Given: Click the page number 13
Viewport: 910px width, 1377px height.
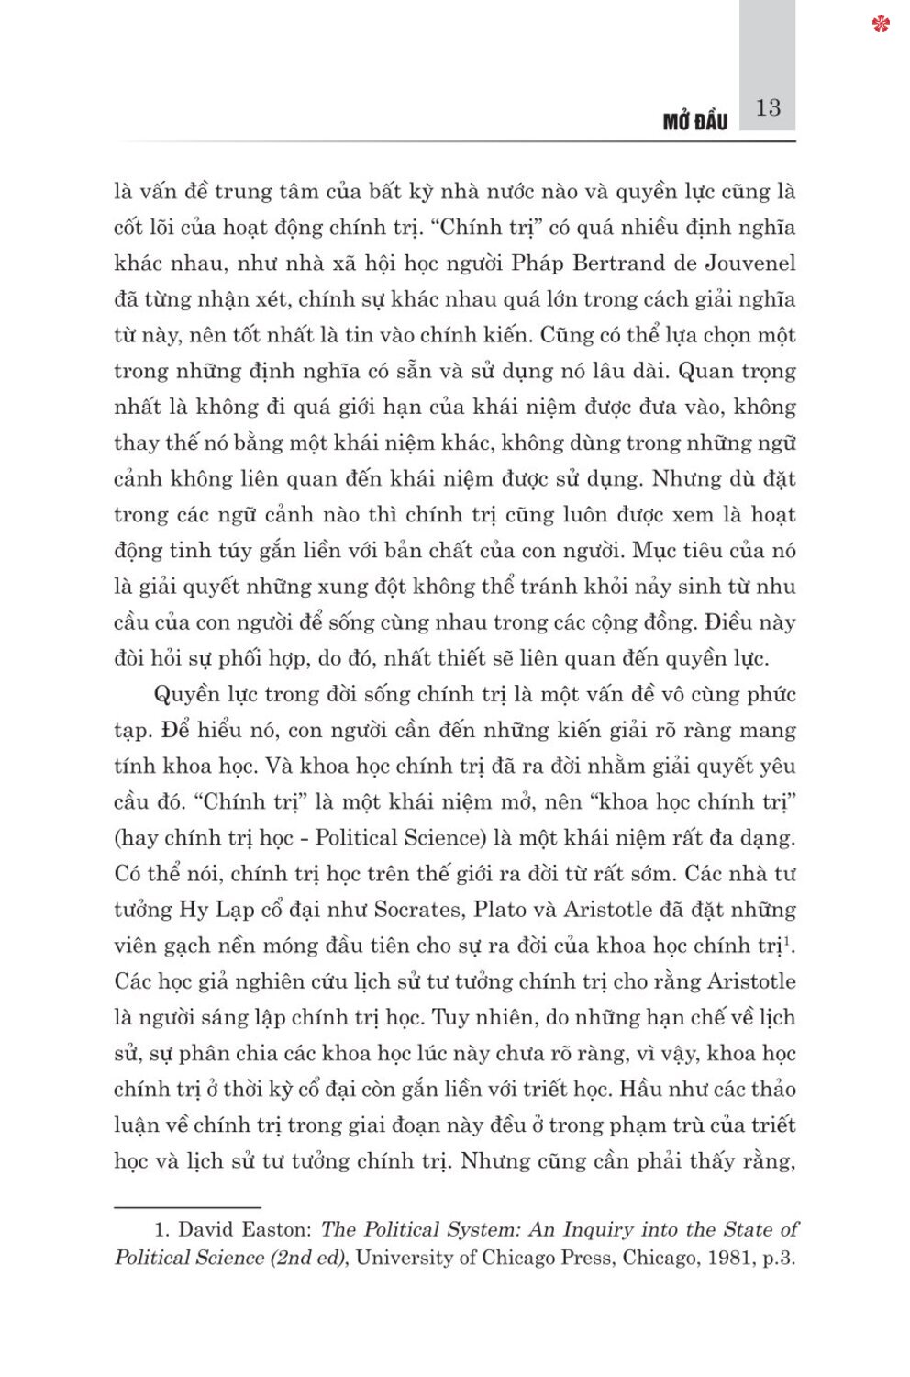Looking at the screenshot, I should click(768, 108).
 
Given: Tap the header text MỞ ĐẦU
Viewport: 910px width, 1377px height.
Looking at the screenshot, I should click(694, 122).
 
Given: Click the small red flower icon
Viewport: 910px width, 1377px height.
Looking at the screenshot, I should click(882, 24).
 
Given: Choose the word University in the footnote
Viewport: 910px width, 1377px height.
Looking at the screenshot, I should click(404, 1258).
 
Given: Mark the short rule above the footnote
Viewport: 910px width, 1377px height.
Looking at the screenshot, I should click(188, 1207).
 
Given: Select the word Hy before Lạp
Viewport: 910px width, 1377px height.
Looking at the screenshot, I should click(194, 911).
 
